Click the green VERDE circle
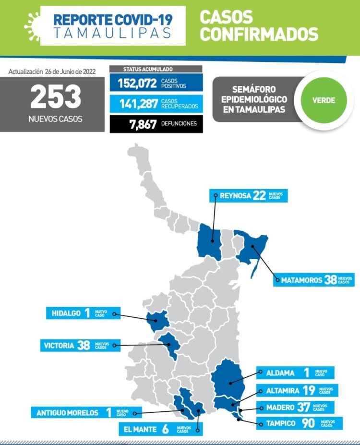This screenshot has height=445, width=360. point(324,100)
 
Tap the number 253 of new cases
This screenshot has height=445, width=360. point(56,97)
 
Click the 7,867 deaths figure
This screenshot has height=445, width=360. point(143,124)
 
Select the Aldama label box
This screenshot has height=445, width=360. point(294,373)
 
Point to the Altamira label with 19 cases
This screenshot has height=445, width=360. point(296,391)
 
